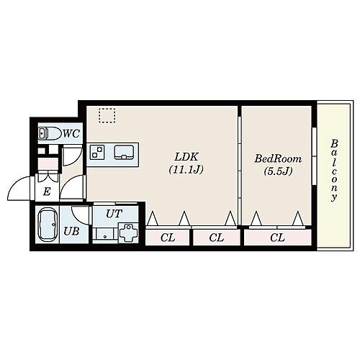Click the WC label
71,132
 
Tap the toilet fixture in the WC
48,133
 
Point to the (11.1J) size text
186,171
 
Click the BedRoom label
277,158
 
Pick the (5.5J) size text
277,172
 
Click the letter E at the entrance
46,192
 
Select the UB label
71,231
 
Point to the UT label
114,214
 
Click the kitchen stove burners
97,152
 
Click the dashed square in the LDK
107,116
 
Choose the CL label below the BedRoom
277,238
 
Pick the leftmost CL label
167,238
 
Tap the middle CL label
216,238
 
